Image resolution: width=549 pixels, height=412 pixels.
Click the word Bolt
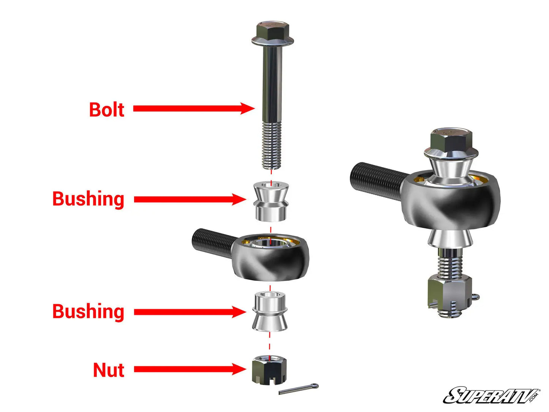[107, 109]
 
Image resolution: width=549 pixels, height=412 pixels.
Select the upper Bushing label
[88, 199]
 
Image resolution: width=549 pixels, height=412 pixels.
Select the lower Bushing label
[88, 312]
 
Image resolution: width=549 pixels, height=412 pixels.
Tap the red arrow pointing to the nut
[190, 369]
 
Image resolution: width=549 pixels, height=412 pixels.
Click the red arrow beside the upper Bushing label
[190, 200]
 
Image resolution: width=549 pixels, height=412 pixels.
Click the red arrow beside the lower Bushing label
[190, 312]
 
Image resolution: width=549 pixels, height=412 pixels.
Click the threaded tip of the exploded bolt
[271, 148]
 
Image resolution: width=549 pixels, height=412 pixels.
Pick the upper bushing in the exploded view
[271, 201]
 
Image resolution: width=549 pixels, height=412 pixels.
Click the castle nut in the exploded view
[269, 369]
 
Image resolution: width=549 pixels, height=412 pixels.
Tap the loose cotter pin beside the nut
[299, 389]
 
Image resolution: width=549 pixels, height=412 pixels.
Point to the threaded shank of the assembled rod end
[376, 179]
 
